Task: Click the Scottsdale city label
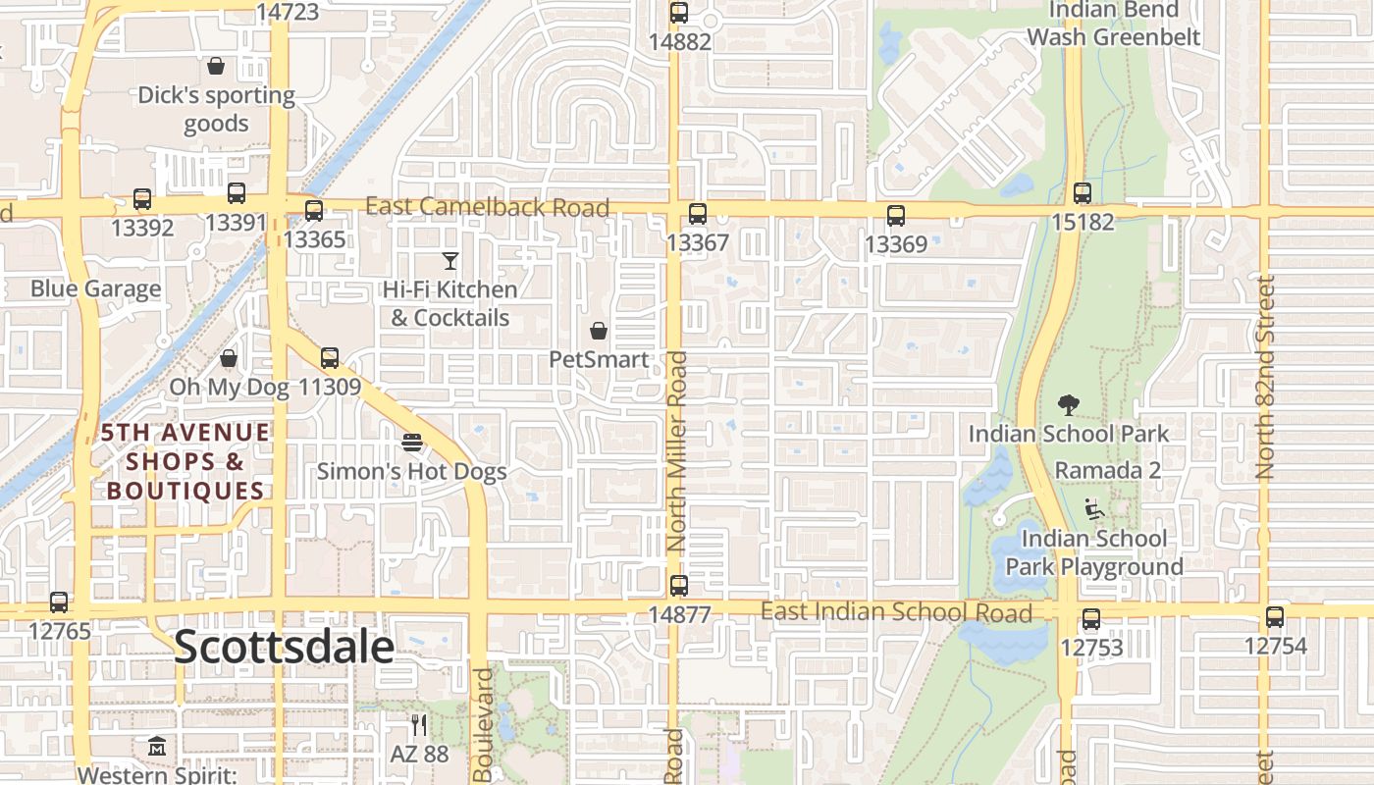[285, 648]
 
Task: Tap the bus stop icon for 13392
[142, 199]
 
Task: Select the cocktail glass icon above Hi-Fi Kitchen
[450, 261]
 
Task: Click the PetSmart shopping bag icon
[599, 331]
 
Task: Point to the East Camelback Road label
[488, 207]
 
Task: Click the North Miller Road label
[676, 451]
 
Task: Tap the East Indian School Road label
[896, 612]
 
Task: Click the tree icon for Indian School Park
[1069, 404]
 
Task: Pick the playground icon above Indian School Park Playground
[1093, 509]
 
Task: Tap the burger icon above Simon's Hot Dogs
[412, 443]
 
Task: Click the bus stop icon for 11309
[330, 358]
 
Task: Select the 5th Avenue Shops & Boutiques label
[185, 461]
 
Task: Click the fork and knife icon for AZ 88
[419, 725]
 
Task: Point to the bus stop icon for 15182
[1083, 193]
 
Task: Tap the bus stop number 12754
[1275, 646]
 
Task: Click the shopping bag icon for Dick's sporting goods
[216, 66]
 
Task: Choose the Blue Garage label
[95, 288]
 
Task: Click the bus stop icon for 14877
[679, 586]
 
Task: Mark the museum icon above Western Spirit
[157, 747]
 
